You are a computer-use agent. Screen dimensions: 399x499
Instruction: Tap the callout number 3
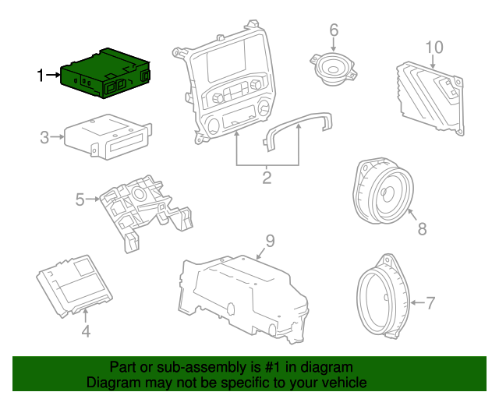pos(44,138)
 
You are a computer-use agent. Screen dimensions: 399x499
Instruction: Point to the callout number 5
pos(80,200)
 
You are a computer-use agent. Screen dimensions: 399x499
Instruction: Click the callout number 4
pos(86,331)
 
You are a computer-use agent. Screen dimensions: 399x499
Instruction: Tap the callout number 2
pos(267,178)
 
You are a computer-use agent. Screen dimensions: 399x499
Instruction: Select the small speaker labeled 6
pos(334,70)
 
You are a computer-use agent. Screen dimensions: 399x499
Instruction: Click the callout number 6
pos(334,30)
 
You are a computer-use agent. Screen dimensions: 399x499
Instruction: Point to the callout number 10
pos(434,47)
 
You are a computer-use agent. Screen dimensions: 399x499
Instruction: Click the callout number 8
pos(423,229)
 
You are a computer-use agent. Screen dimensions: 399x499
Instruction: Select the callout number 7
pos(431,302)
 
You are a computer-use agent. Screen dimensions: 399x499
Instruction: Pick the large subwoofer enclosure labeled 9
pos(242,292)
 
